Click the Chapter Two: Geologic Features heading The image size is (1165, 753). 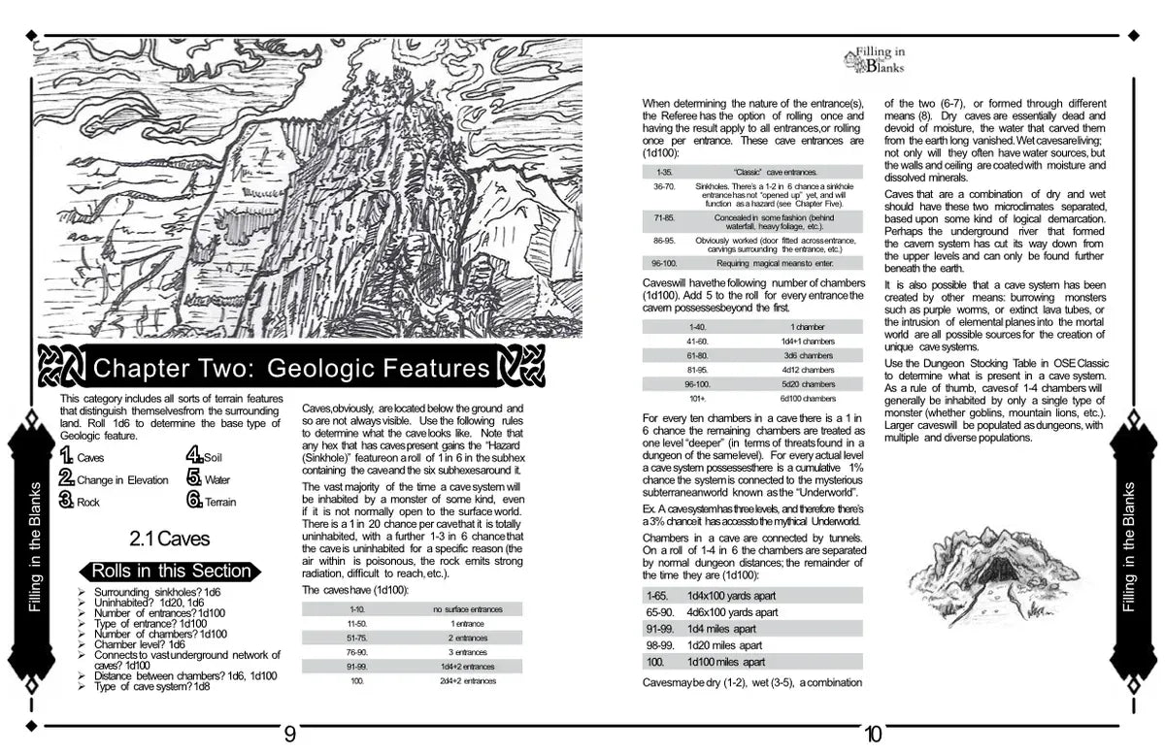[290, 368]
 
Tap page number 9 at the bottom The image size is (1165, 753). [289, 735]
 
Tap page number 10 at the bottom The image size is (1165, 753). [872, 735]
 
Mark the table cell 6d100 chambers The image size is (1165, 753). [807, 398]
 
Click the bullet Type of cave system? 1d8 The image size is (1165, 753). [151, 687]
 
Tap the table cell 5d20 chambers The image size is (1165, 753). [807, 383]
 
